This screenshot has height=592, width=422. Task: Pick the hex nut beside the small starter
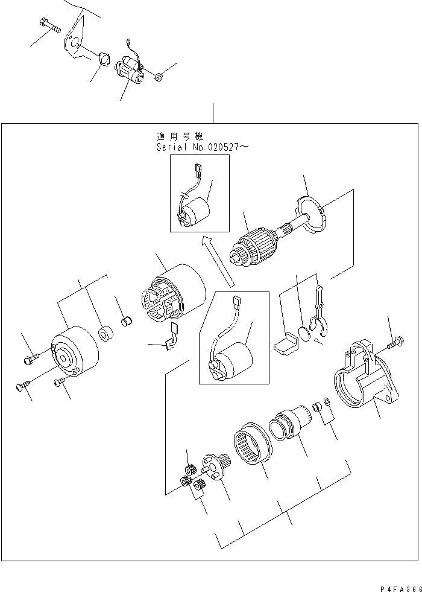(x=160, y=77)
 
